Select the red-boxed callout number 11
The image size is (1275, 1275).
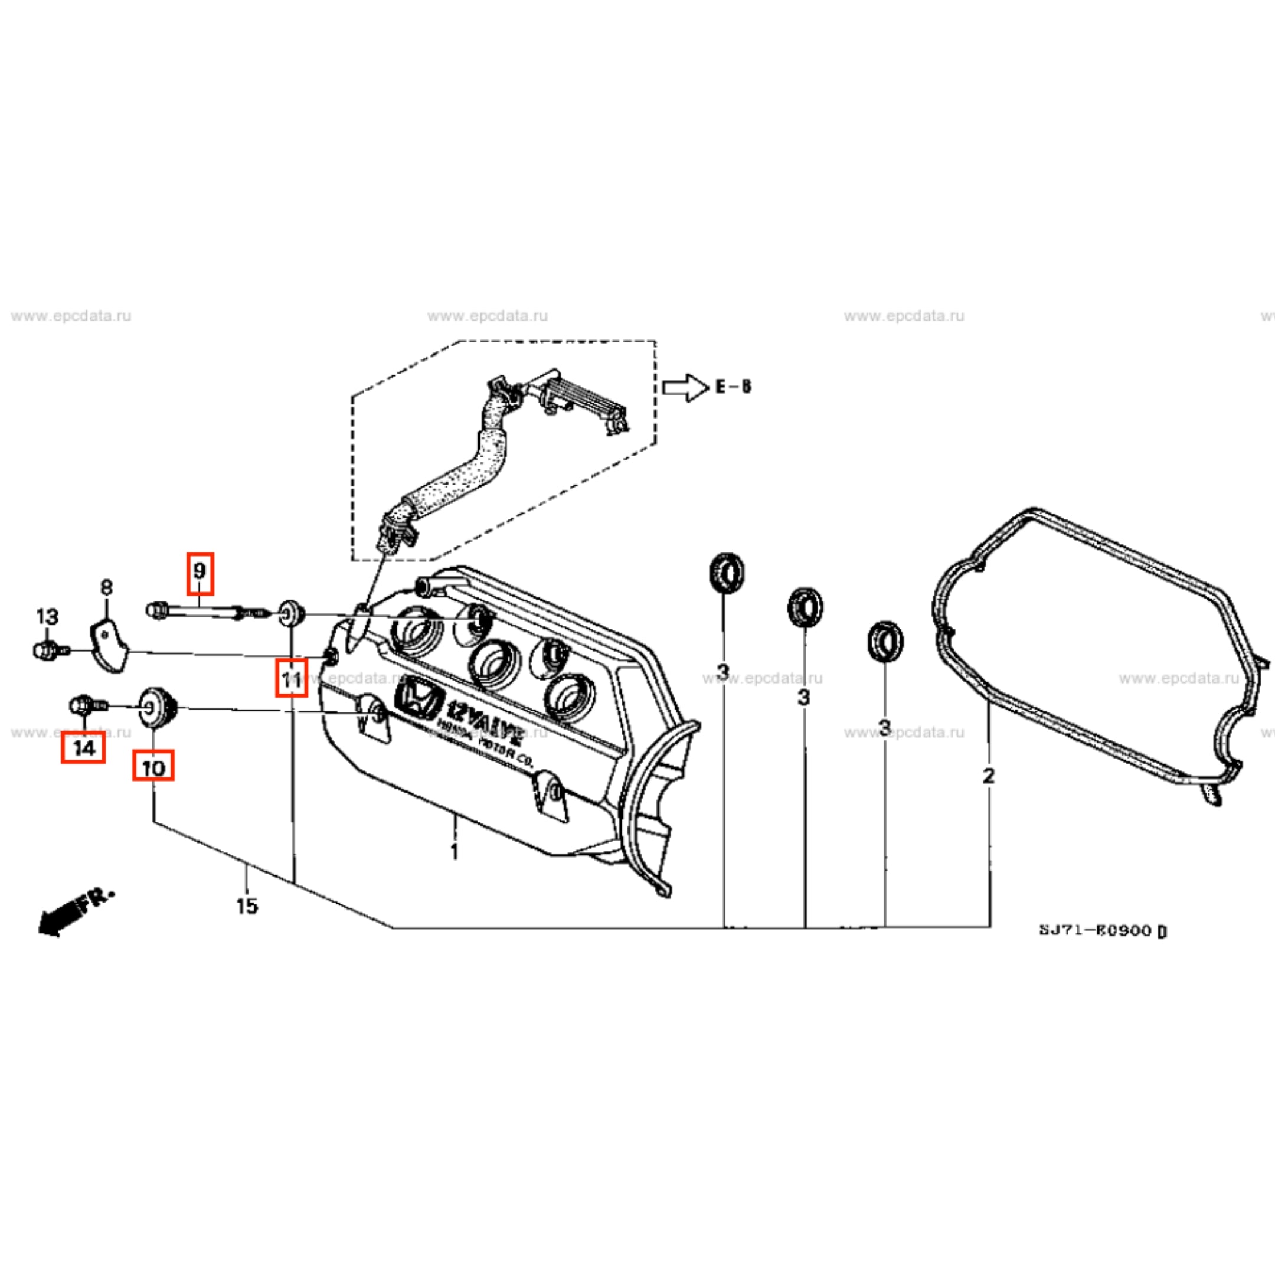pyautogui.click(x=291, y=678)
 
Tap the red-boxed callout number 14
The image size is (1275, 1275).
pyautogui.click(x=83, y=748)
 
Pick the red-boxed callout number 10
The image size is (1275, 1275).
pyautogui.click(x=153, y=768)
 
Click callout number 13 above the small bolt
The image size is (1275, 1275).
pyautogui.click(x=47, y=616)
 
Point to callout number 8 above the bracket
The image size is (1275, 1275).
pyautogui.click(x=106, y=587)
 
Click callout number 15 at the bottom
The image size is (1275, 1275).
pyautogui.click(x=247, y=906)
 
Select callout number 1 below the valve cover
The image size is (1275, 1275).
pyautogui.click(x=454, y=851)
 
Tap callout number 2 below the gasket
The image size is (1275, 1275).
pyautogui.click(x=988, y=776)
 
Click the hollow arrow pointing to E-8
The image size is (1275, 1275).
pyautogui.click(x=685, y=387)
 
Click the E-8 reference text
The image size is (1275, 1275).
pyautogui.click(x=734, y=387)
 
